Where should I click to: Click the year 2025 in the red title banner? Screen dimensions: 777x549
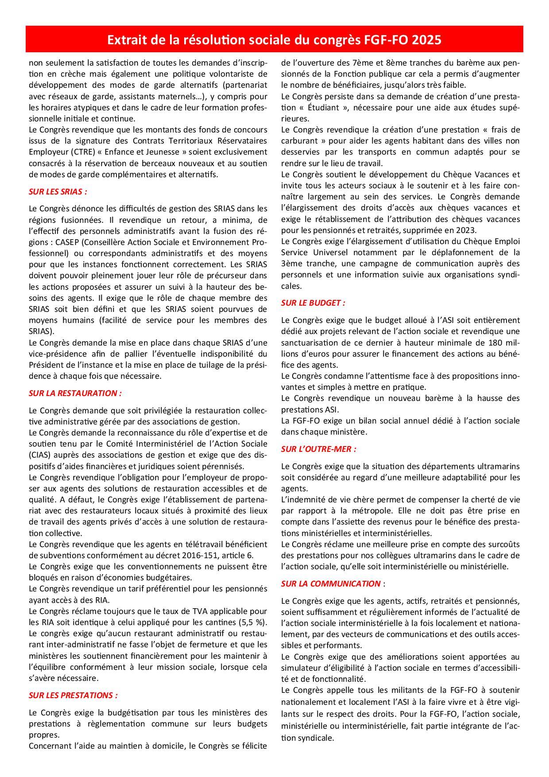(427, 40)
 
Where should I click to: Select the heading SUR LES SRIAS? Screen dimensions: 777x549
(58, 192)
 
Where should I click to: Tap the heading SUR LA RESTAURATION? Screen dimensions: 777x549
(75, 393)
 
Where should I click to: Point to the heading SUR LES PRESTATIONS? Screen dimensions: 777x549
(73, 695)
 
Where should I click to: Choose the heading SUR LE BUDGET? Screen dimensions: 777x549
(313, 303)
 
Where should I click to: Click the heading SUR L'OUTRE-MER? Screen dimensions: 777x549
(318, 449)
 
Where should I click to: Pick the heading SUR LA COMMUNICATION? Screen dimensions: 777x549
(331, 583)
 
